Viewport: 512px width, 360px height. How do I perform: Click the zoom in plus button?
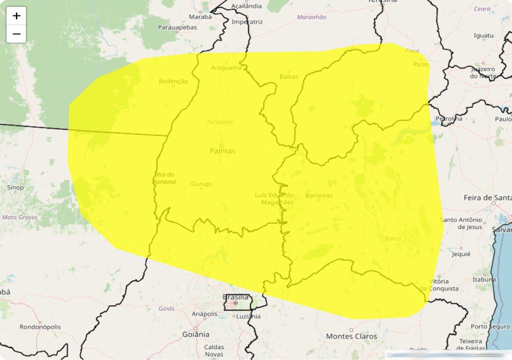(16, 15)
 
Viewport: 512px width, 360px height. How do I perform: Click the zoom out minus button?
(16, 34)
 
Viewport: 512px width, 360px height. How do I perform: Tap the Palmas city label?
(222, 150)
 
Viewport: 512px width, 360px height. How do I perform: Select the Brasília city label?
(235, 297)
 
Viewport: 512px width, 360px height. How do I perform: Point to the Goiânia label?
(196, 334)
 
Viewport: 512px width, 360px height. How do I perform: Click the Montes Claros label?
(351, 336)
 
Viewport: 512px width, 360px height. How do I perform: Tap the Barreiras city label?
(318, 195)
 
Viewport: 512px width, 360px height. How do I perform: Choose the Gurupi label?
(201, 184)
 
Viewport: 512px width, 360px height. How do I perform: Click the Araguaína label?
(226, 67)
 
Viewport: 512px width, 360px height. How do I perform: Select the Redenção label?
(173, 81)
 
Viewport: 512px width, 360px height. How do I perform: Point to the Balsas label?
(288, 76)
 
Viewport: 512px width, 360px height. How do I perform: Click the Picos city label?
(421, 64)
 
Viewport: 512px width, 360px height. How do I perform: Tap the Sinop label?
(15, 187)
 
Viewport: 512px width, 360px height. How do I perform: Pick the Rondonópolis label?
(40, 327)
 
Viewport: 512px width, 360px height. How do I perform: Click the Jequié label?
(460, 253)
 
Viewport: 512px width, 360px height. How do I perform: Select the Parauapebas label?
(177, 27)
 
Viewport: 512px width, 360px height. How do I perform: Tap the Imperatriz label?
(247, 22)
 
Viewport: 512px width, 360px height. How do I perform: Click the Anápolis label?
(204, 314)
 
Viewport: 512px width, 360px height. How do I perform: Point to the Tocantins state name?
(220, 122)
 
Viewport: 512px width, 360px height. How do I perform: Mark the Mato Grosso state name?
(20, 217)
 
